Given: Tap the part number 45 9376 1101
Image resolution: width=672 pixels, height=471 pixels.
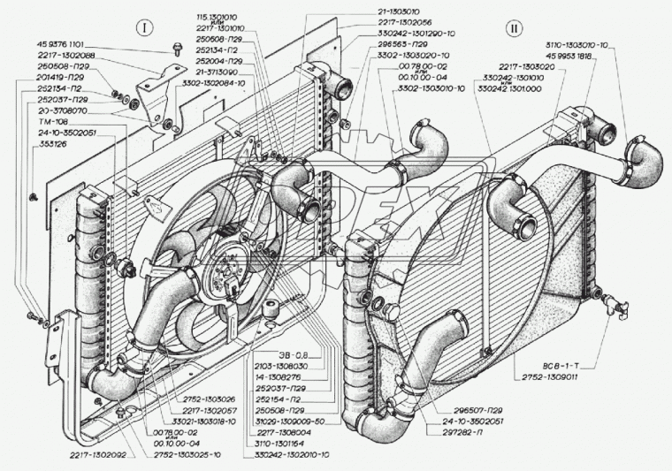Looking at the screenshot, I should (x=65, y=45).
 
